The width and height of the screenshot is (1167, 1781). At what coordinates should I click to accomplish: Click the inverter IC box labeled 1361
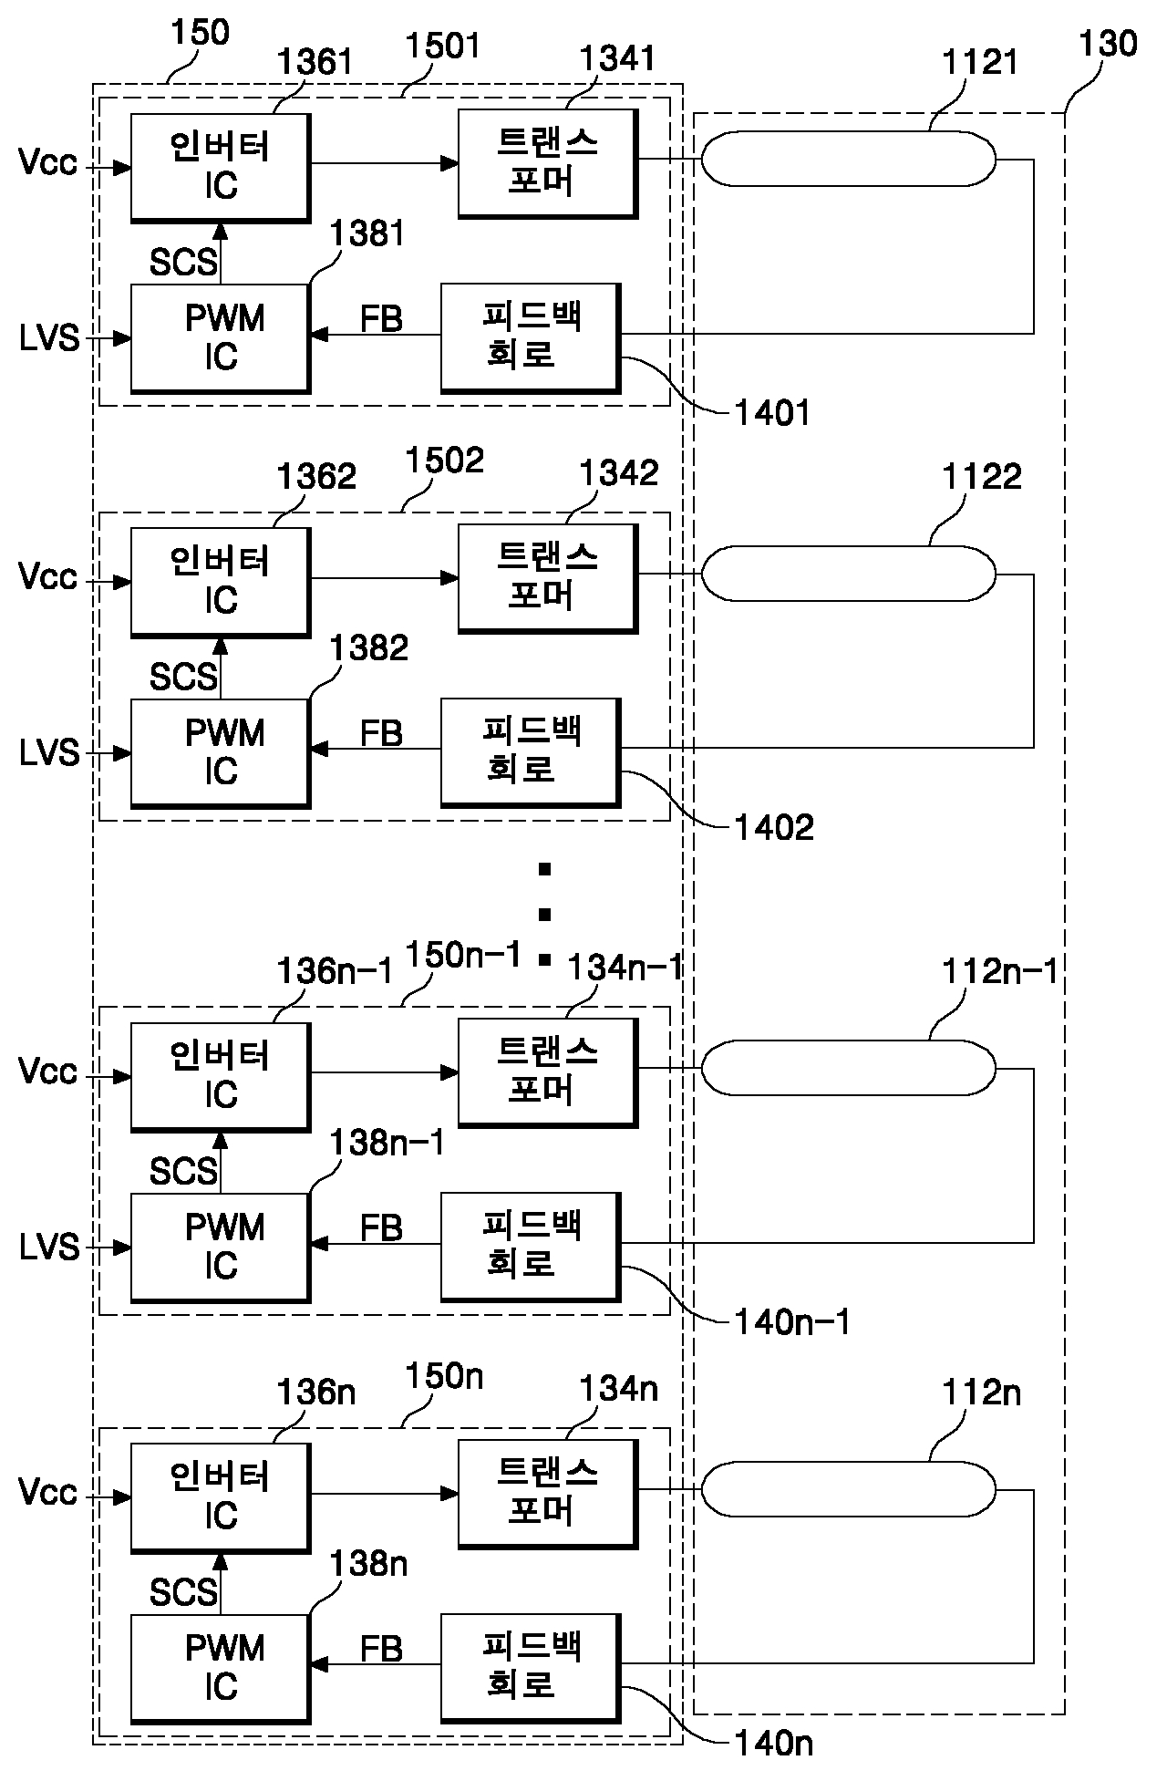coord(221,168)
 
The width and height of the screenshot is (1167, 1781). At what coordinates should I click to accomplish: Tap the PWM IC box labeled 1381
coord(221,339)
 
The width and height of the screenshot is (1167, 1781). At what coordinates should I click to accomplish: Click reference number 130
coord(1108,44)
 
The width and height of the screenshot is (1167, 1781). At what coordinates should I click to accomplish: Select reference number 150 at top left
coord(201,33)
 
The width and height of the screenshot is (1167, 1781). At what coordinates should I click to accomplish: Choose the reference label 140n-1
coord(792,1321)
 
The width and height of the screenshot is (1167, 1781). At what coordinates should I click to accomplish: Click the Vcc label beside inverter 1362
coord(47,577)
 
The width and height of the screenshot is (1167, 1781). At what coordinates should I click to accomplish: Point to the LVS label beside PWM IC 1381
coord(49,339)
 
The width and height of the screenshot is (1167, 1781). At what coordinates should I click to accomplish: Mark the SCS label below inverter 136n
coord(184,1592)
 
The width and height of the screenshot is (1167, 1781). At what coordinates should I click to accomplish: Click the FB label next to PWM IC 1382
coord(381,733)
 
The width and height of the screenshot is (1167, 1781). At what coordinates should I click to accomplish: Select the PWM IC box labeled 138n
coord(221,1669)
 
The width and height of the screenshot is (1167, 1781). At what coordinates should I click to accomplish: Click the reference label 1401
coord(773,414)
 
